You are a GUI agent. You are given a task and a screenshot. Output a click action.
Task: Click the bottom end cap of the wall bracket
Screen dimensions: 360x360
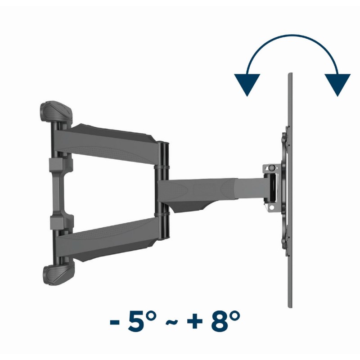coord(58,274)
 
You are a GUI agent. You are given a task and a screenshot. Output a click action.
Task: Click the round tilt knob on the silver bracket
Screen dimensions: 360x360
coord(271,168)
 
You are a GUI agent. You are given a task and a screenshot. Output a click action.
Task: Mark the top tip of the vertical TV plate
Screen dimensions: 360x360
coord(289,74)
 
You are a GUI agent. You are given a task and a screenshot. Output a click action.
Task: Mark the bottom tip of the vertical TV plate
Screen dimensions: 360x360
coord(289,307)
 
